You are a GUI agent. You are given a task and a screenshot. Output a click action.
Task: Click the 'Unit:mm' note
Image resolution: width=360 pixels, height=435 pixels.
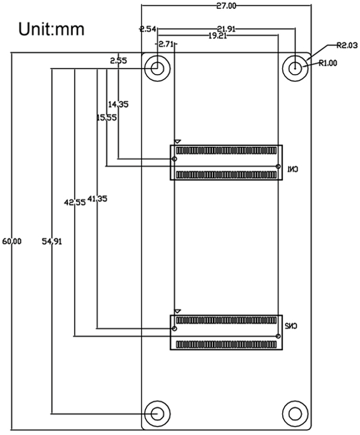[51, 29]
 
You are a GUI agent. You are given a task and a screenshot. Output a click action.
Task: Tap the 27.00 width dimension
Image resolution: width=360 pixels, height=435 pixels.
[227, 6]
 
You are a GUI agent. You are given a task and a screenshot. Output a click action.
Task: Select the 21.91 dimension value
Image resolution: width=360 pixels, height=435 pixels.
[227, 29]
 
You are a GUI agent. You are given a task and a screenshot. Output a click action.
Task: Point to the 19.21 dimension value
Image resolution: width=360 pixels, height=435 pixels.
[218, 36]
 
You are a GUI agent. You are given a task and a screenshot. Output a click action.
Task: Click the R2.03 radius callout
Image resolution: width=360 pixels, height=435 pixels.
[347, 45]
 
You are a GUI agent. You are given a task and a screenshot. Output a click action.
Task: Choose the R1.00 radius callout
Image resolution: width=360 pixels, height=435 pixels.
[328, 63]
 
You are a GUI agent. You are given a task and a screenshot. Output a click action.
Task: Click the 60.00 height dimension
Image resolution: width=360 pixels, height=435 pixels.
[12, 241]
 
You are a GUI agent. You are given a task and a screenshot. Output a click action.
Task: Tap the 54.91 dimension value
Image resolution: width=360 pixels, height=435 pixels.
[52, 241]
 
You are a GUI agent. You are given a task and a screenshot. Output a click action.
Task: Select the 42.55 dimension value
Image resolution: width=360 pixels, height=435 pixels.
[75, 202]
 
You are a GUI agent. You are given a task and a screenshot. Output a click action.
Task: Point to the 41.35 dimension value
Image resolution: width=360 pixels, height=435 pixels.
[97, 199]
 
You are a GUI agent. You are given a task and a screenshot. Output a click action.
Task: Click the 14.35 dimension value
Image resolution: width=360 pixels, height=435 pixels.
[118, 104]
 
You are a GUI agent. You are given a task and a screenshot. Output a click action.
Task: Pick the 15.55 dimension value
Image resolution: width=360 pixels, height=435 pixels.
[107, 118]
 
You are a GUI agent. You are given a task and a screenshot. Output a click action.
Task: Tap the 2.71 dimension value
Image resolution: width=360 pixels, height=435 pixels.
[166, 44]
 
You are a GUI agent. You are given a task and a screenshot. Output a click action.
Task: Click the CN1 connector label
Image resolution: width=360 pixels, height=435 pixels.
[292, 169]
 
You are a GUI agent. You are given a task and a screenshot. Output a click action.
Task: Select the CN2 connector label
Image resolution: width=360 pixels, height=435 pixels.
[291, 326]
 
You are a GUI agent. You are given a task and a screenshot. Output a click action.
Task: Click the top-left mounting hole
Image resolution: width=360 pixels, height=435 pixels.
[158, 68]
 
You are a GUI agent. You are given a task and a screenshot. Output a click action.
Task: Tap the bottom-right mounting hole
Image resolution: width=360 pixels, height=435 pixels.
[295, 414]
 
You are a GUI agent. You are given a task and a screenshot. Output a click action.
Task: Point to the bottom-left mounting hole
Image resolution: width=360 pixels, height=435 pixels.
[158, 414]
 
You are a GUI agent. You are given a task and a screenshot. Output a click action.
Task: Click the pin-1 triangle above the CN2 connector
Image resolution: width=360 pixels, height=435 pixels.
[177, 311]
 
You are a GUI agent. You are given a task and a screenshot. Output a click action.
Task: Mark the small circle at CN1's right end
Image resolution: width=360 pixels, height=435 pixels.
[278, 166]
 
